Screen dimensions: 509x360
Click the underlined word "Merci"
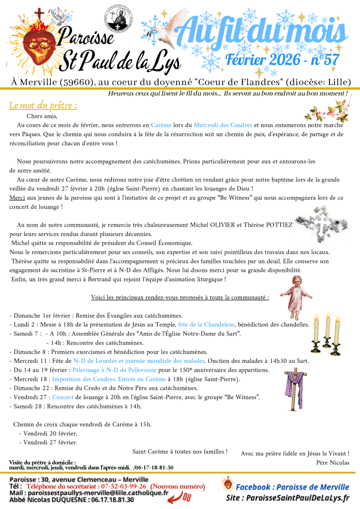tap(16, 197)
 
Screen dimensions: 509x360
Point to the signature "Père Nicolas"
tap(333, 462)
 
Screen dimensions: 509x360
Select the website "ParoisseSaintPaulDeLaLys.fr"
tap(307, 498)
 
